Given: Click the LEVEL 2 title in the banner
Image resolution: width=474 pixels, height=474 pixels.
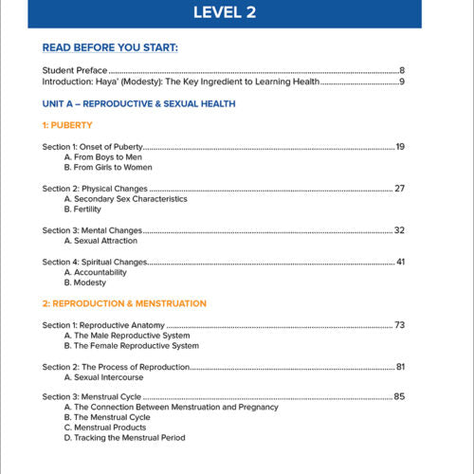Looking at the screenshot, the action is [x=236, y=12].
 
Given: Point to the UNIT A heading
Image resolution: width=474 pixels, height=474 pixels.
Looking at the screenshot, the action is [x=139, y=103].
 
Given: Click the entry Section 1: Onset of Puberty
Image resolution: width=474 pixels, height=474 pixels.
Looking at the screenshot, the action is [x=93, y=147].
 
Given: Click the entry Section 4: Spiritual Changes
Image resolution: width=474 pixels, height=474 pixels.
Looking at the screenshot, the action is [x=95, y=262].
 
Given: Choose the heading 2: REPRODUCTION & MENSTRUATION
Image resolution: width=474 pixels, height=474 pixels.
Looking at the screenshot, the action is [x=124, y=303].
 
